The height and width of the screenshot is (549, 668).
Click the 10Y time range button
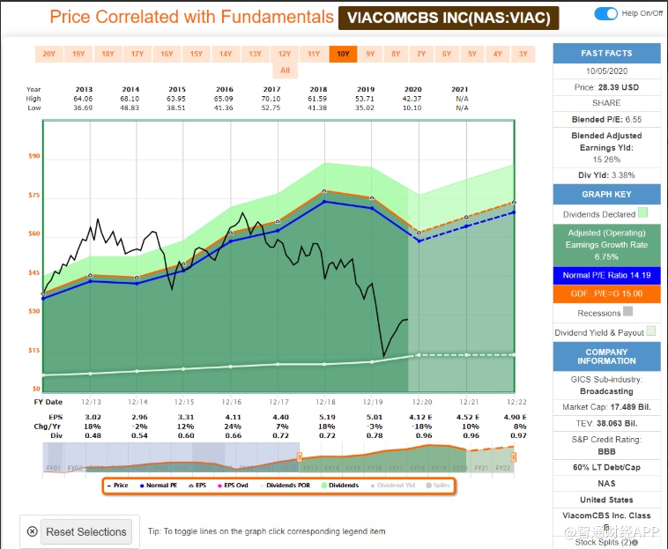[342, 54]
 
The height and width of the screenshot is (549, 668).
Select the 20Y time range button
[48, 54]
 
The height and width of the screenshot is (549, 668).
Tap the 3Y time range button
[523, 54]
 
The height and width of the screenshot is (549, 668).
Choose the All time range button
[285, 70]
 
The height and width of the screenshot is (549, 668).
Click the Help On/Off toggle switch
[606, 13]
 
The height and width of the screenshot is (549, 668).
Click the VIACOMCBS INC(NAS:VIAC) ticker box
[444, 18]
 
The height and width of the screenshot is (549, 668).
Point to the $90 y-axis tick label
[35, 156]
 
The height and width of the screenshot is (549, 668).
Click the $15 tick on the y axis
[35, 350]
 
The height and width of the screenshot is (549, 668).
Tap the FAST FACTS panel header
[606, 52]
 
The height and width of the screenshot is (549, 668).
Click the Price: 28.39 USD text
[606, 88]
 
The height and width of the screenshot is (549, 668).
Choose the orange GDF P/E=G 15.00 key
[606, 293]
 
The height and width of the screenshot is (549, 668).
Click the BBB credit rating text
[606, 449]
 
